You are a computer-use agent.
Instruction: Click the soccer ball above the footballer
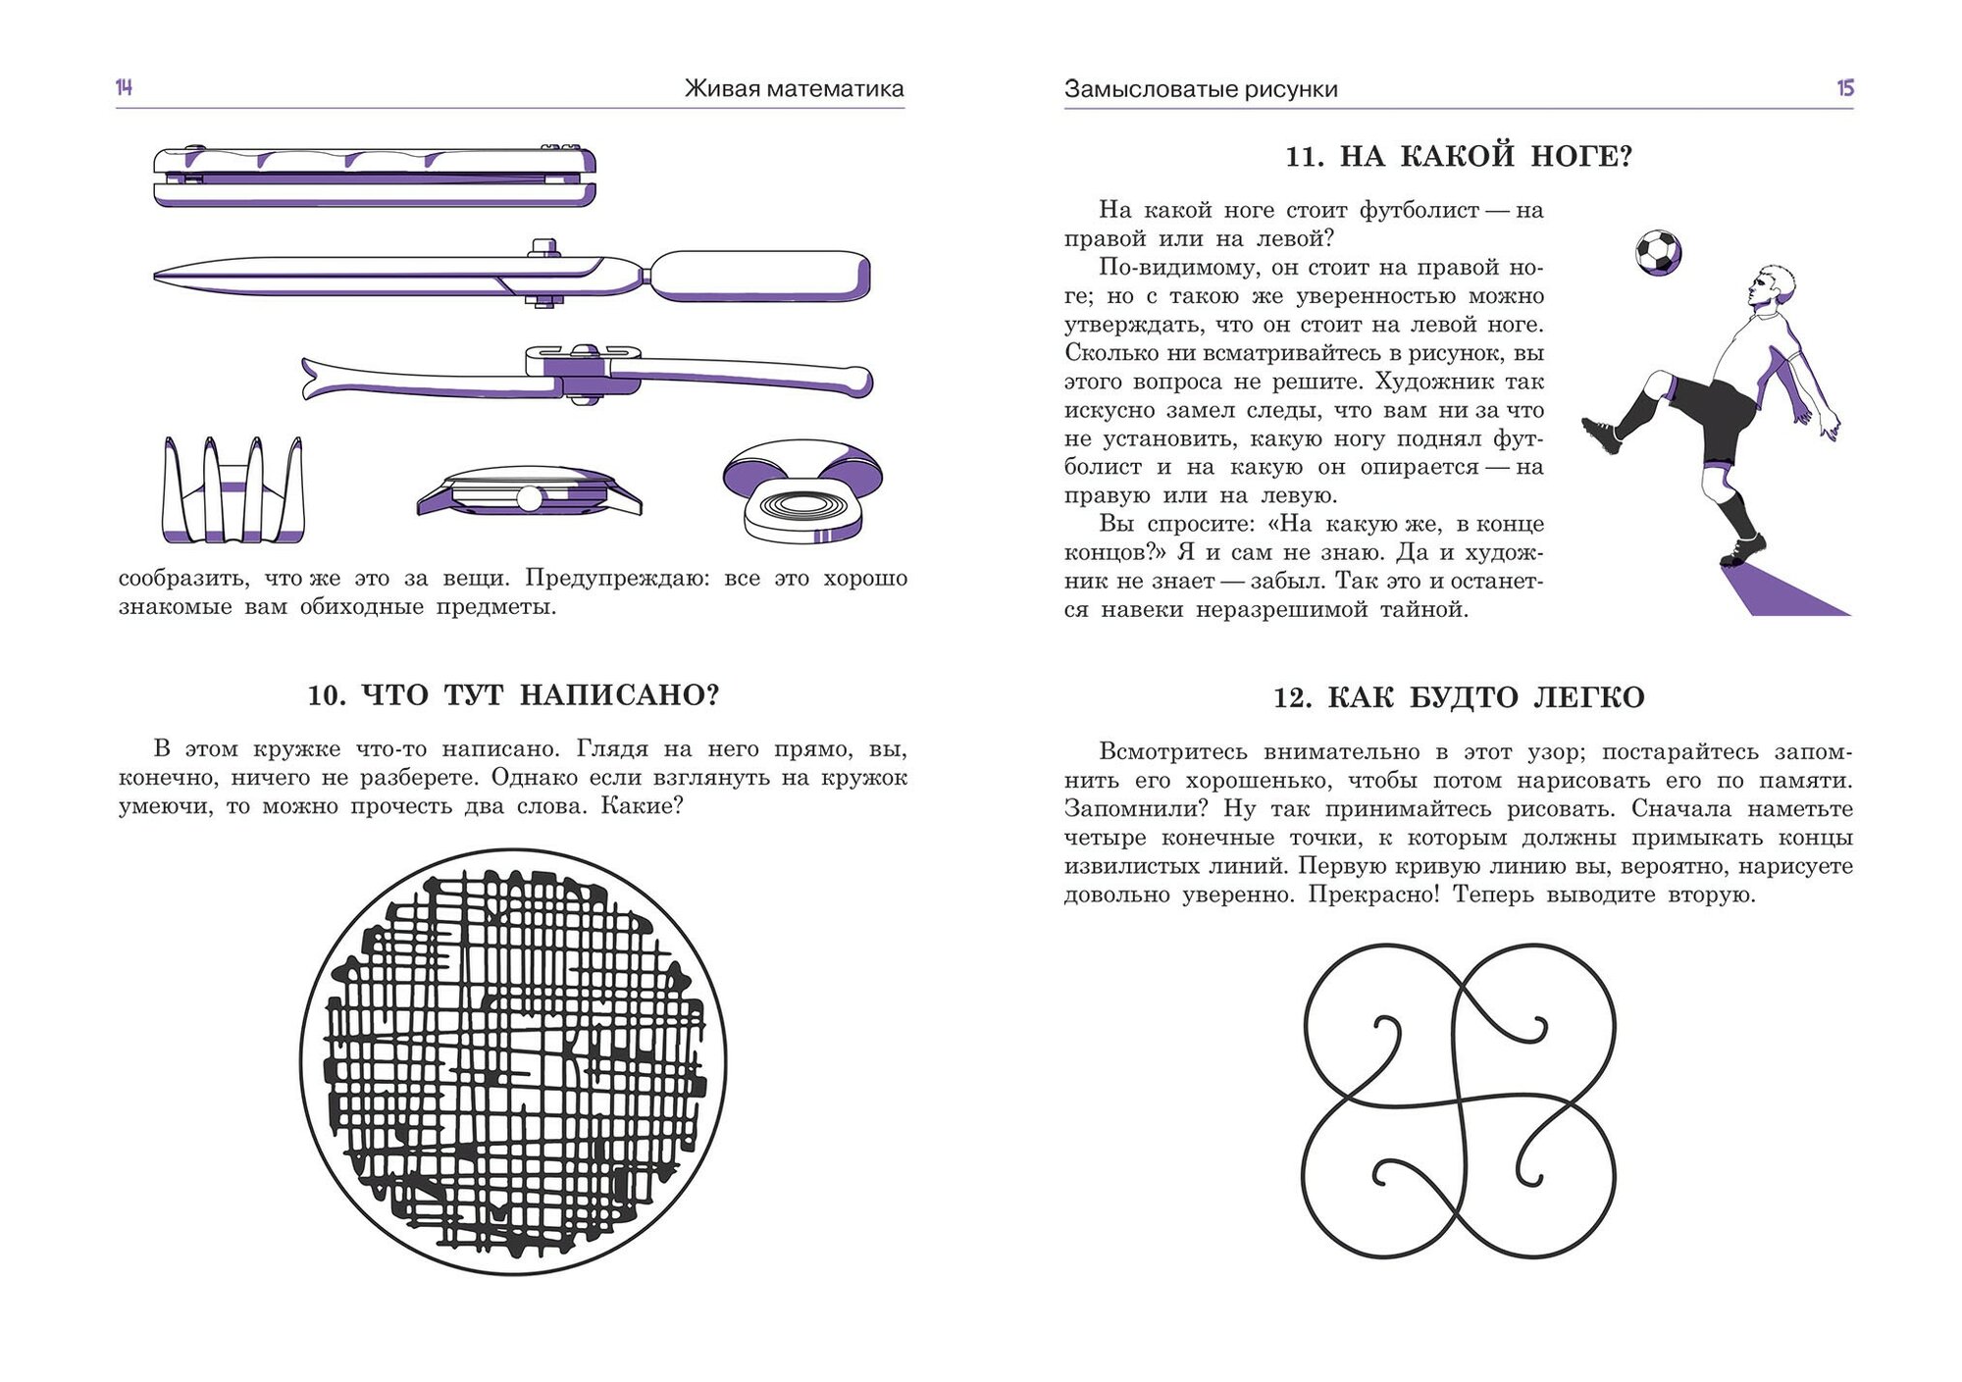(x=1658, y=252)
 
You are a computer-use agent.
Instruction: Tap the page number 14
(x=124, y=88)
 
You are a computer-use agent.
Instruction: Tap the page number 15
(x=1844, y=88)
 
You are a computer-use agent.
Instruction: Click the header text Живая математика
(x=794, y=89)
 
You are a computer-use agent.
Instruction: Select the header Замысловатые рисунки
(x=1201, y=89)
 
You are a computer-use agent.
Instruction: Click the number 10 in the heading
(x=326, y=695)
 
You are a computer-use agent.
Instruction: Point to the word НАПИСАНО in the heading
(x=619, y=695)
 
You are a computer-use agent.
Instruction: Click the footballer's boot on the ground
(x=1742, y=549)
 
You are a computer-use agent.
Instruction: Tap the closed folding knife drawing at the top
(x=375, y=177)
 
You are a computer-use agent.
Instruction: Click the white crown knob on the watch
(x=529, y=499)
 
